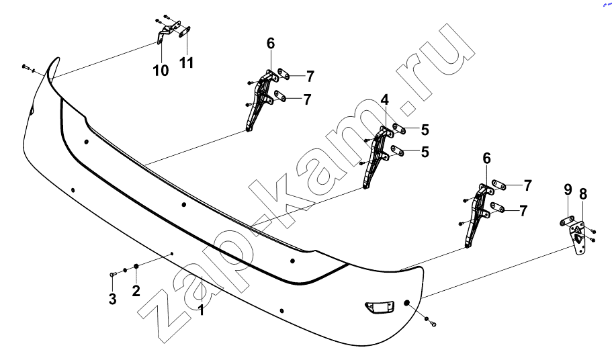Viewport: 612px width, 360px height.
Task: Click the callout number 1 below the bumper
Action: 201,310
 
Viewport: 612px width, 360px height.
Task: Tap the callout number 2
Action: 136,291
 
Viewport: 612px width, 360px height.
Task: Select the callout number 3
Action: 112,299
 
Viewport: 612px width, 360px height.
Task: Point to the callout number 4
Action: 385,100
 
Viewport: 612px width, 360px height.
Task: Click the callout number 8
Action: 583,194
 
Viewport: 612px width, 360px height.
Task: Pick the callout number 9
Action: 568,190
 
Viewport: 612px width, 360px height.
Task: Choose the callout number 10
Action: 161,71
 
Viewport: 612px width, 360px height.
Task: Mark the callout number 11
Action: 186,62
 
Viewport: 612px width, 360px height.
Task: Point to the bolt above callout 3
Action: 112,275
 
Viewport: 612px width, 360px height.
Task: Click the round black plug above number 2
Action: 136,266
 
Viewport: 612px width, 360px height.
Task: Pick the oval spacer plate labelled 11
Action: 184,32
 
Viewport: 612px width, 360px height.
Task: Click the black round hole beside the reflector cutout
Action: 406,304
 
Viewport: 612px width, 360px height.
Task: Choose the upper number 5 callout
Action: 425,130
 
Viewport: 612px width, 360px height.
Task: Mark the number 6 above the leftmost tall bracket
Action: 271,43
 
